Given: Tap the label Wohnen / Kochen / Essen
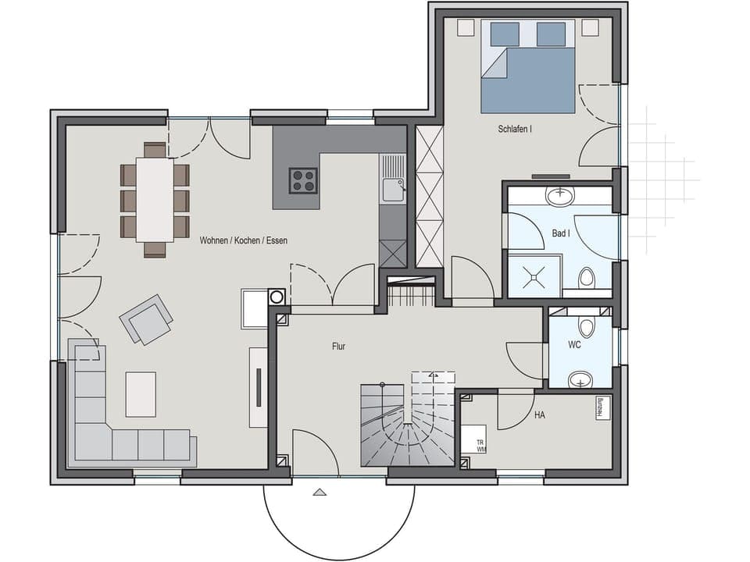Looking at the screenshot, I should point(243,240).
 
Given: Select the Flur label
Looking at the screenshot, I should point(337,346).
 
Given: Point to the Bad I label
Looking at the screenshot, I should point(559,233).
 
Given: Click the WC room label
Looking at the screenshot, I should point(574,344).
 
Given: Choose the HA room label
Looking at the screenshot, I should point(540,415).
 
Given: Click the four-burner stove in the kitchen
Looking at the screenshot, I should point(303,180).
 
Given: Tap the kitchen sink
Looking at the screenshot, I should point(393,187).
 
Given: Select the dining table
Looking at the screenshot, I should point(155,199).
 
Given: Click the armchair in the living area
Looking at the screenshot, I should point(146,318).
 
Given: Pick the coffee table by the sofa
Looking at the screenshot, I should point(141,394).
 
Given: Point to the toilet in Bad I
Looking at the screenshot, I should point(586,278).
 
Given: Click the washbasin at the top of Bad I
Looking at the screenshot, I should point(559,195).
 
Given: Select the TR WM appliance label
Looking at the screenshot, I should point(480,446).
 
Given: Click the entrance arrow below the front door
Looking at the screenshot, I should point(319,493).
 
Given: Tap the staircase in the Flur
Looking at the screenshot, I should point(406,425).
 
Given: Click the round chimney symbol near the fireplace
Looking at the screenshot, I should point(276,297).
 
